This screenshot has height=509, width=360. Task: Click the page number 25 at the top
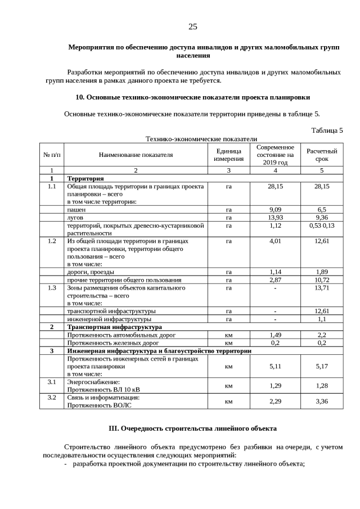[x=192, y=27]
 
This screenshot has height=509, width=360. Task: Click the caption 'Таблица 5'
[x=327, y=130]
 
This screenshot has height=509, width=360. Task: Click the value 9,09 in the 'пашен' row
[x=275, y=209]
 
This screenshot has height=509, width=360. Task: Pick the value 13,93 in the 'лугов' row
[x=275, y=217]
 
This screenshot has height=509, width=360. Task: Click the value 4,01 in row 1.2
[x=275, y=241]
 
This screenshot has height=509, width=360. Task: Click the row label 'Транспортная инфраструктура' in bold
[x=115, y=327]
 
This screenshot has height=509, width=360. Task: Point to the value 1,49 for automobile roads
[x=275, y=335]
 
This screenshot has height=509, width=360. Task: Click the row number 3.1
[x=52, y=381]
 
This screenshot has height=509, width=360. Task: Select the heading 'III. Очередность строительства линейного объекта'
[x=192, y=429]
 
